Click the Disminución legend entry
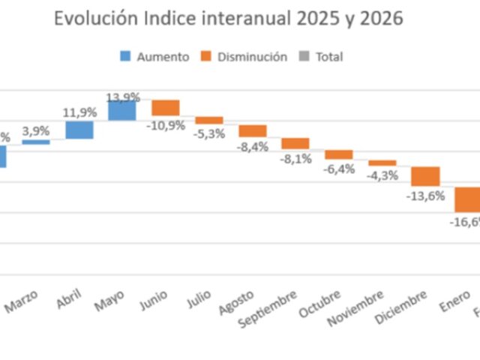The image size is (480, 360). point(243,56)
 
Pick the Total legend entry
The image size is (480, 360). point(321,56)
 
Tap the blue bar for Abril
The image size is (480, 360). point(79,130)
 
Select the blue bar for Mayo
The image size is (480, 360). point(122,110)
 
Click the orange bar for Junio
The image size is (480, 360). point(166,108)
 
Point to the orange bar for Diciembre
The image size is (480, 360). point(425,176)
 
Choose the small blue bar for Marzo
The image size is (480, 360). point(36,142)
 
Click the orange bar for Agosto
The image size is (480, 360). point(253,130)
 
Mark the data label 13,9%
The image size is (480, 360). point(123,98)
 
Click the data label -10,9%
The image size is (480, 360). point(166,125)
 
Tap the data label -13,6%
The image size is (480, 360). point(426,196)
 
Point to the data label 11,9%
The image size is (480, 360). point(79,112)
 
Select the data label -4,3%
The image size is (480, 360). point(382,175)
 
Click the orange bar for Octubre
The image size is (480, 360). point(339,154)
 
